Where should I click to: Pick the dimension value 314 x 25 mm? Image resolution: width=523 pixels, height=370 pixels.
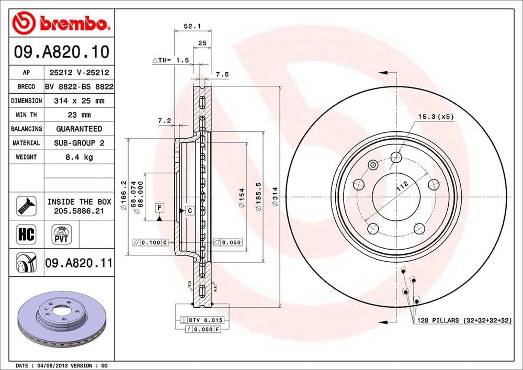[79, 100]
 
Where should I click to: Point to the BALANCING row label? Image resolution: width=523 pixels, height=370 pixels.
[26, 129]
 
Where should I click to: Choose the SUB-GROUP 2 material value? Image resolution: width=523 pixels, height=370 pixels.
[79, 143]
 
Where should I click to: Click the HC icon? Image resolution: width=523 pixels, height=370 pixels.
[26, 234]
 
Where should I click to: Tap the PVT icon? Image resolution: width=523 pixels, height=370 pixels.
[61, 233]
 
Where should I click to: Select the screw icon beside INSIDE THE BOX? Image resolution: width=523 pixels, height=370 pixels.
[26, 206]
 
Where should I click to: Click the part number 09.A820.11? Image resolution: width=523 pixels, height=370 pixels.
[79, 263]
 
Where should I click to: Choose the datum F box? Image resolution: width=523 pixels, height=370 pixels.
[158, 208]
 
